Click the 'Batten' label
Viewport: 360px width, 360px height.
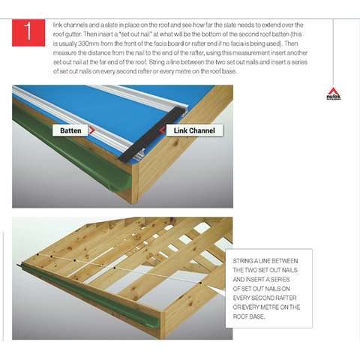70,130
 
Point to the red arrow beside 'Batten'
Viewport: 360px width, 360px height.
93,130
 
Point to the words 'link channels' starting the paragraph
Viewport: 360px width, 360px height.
68,24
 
